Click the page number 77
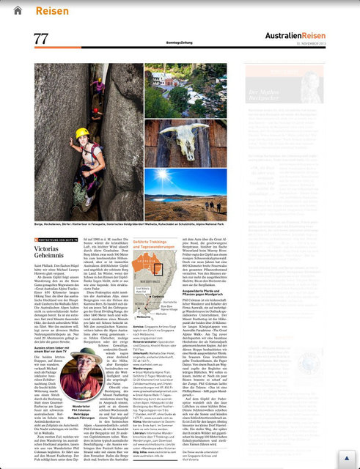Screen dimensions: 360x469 [41, 39]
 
